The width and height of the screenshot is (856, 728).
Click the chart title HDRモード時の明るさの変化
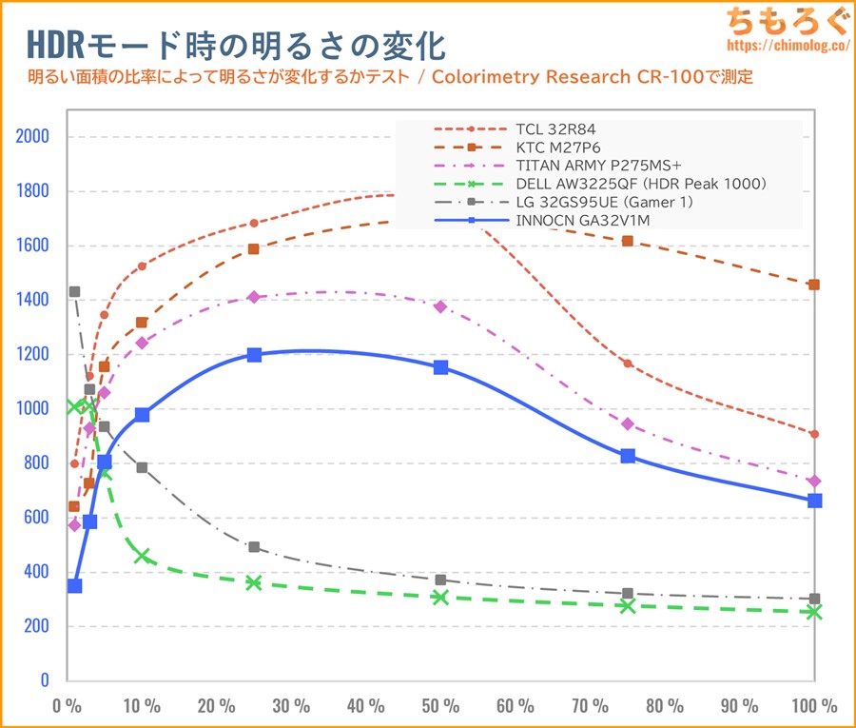click(x=233, y=45)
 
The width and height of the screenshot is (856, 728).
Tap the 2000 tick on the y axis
click(x=32, y=136)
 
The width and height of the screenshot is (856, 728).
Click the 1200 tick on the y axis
click(x=32, y=354)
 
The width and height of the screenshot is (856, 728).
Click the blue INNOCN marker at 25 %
click(x=254, y=355)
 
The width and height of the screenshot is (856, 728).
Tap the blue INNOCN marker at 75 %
click(x=628, y=456)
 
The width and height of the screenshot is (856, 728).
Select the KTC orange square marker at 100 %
click(x=814, y=285)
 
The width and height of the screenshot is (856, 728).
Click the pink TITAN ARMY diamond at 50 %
click(x=440, y=306)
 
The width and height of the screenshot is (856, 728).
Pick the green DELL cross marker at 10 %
click(x=142, y=556)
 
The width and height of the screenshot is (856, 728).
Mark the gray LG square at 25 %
click(x=254, y=547)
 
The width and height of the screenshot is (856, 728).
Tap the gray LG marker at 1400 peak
click(x=74, y=292)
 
